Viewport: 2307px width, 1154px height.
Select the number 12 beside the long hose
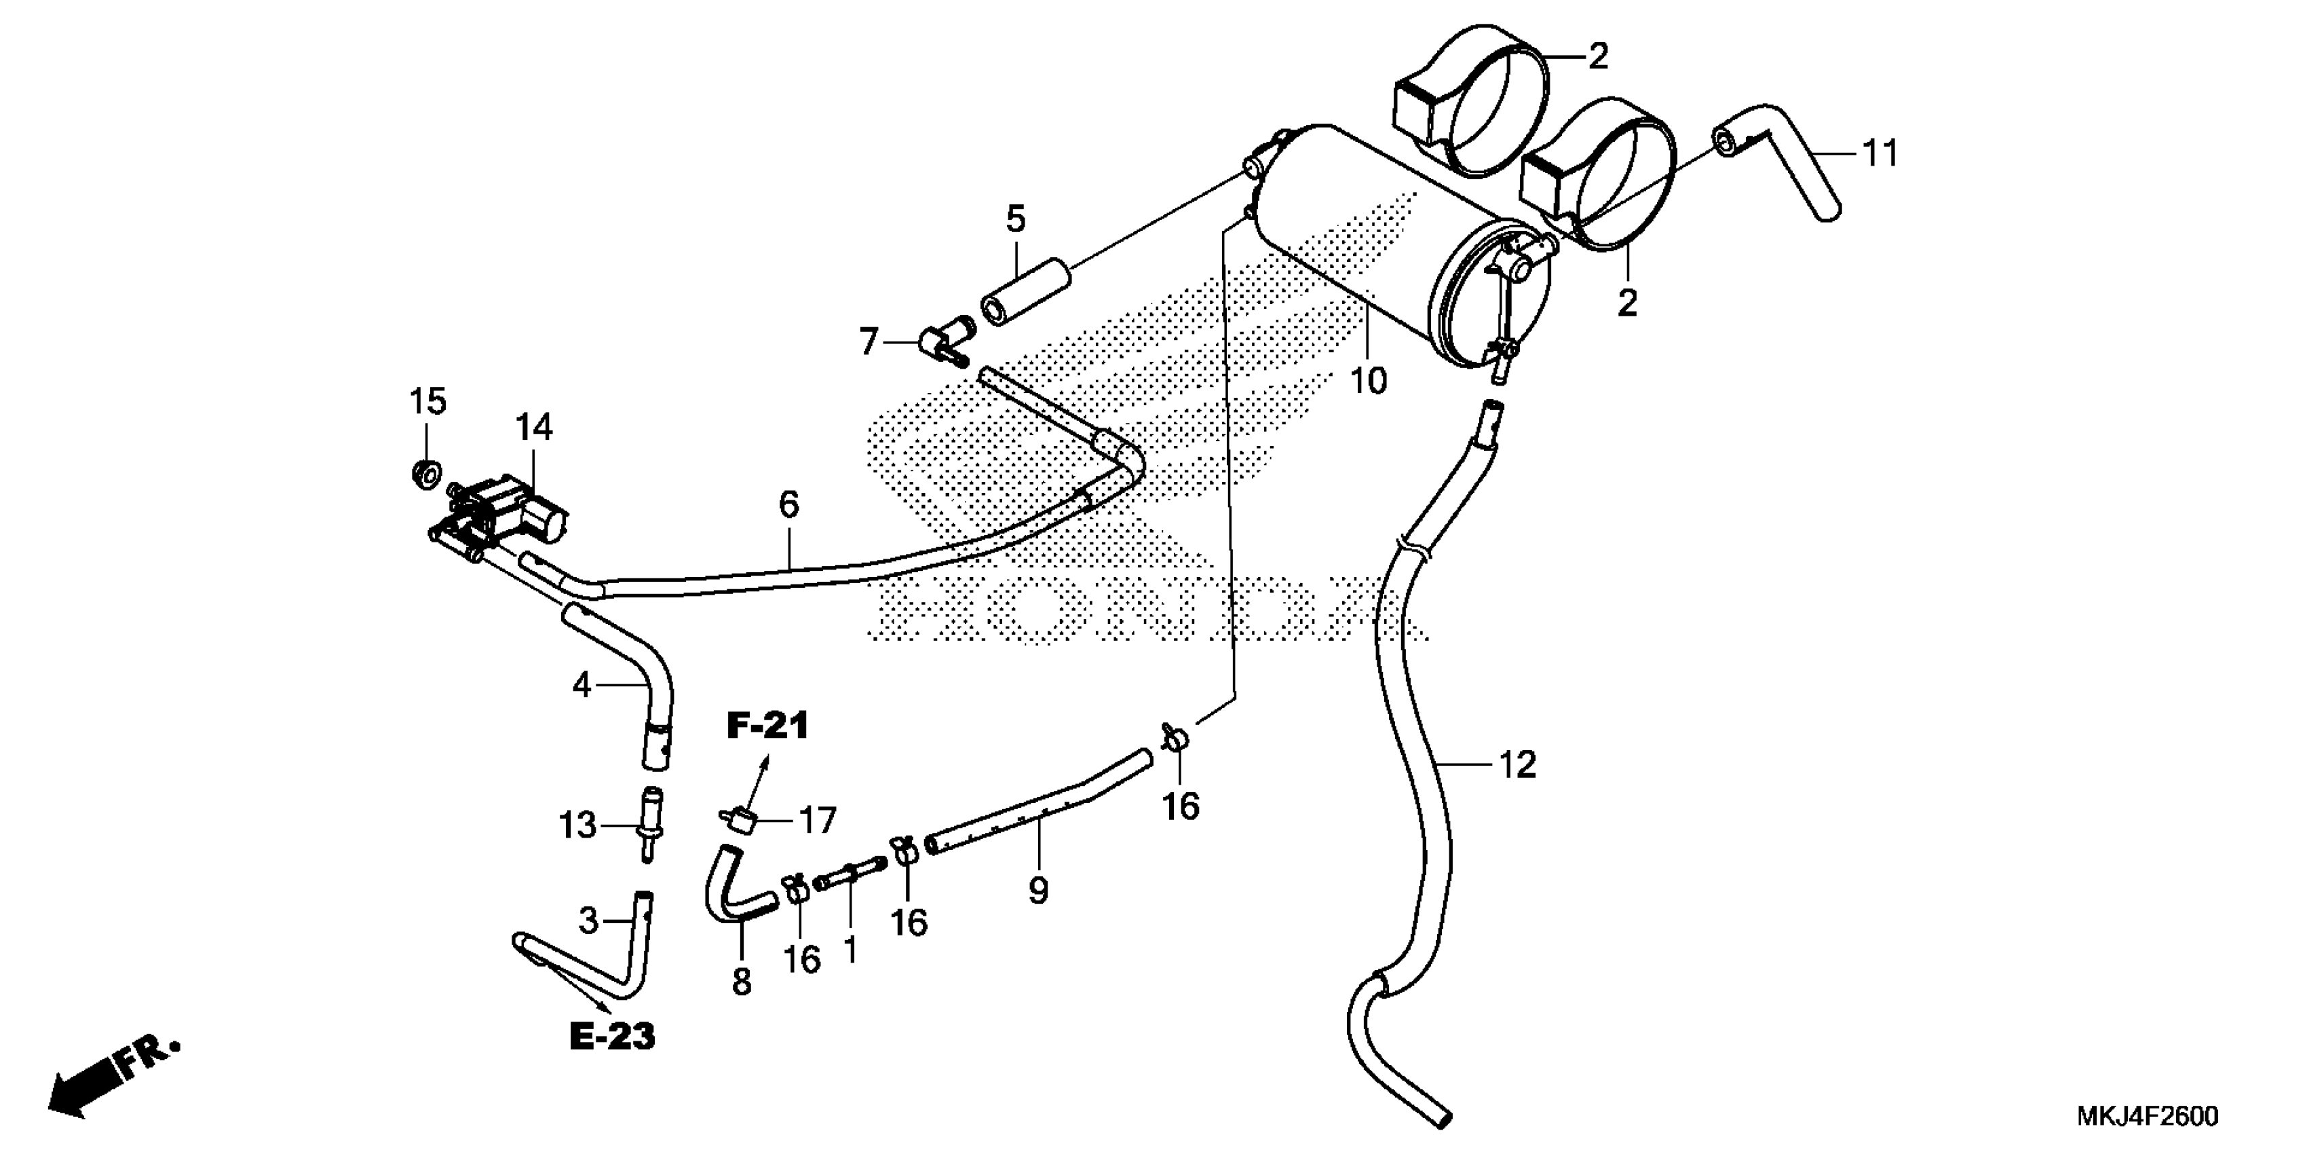pos(1517,764)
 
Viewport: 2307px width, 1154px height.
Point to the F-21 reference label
pos(767,726)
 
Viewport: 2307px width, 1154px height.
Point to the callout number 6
pos(788,504)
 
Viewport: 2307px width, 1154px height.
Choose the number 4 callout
pos(582,686)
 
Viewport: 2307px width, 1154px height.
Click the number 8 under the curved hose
pos(742,982)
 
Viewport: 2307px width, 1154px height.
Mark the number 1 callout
pos(850,950)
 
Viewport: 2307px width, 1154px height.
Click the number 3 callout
pos(588,920)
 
